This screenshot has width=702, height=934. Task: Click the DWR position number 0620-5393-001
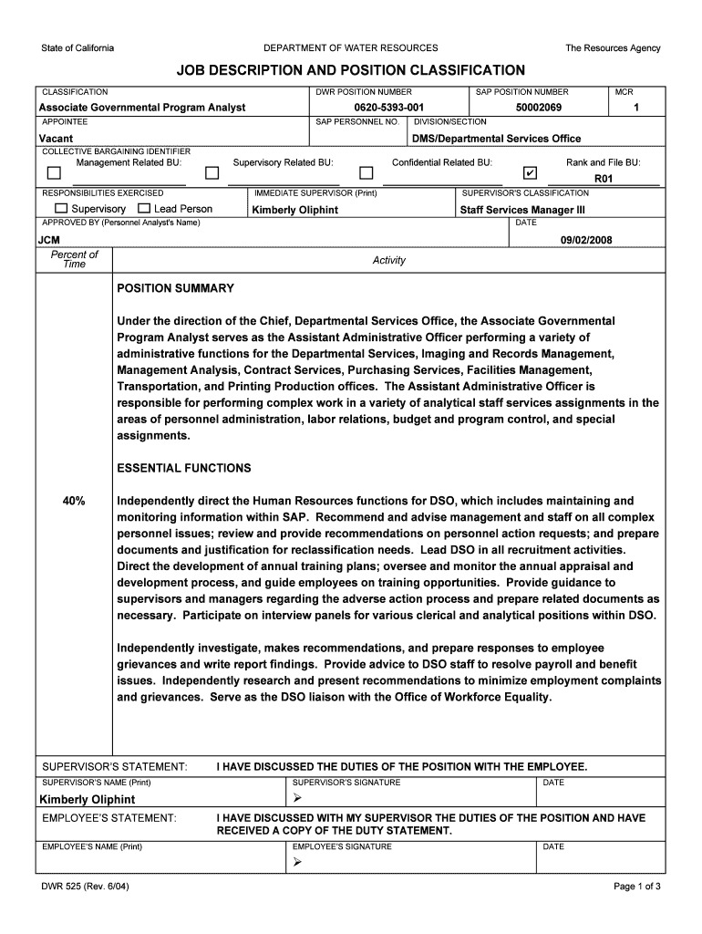[389, 108]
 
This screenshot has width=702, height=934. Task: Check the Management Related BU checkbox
[55, 173]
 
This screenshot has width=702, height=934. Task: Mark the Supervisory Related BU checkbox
[212, 173]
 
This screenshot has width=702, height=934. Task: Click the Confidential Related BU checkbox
[366, 173]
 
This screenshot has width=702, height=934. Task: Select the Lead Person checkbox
[145, 209]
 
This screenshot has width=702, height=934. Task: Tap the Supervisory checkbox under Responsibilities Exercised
[61, 209]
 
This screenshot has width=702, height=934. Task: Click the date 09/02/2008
[585, 240]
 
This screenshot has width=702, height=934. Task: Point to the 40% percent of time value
[74, 501]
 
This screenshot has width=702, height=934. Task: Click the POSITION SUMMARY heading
[175, 288]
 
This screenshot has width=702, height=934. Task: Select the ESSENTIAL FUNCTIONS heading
[183, 468]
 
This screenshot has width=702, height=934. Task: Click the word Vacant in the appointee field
[56, 139]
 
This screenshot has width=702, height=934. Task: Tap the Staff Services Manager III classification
[522, 210]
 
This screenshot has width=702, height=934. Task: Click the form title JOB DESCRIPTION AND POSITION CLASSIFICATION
[350, 70]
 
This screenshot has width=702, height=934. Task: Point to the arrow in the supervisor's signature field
[297, 799]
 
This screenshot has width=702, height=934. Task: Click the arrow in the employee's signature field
[297, 863]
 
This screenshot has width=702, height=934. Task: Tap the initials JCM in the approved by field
[48, 240]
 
